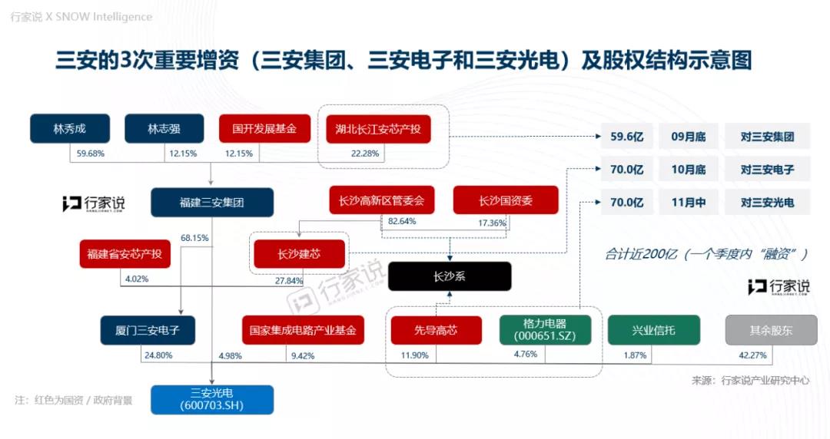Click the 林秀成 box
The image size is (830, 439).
pyautogui.click(x=70, y=128)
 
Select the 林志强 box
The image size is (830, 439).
pyautogui.click(x=164, y=128)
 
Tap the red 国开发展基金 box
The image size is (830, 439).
pyautogui.click(x=264, y=128)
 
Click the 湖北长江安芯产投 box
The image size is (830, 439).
pyautogui.click(x=378, y=129)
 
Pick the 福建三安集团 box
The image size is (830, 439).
pyautogui.click(x=212, y=202)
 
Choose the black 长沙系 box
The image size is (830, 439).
pyautogui.click(x=450, y=276)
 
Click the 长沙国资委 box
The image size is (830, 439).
pyautogui.click(x=506, y=200)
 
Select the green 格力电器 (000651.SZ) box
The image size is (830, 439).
pyautogui.click(x=545, y=330)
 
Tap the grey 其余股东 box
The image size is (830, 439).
pyautogui.click(x=771, y=330)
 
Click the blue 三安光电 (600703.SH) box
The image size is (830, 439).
pyautogui.click(x=212, y=399)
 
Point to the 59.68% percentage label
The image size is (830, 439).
pyautogui.click(x=91, y=153)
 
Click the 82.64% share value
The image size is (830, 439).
pyautogui.click(x=402, y=221)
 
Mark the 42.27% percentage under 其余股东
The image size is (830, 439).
pyautogui.click(x=752, y=355)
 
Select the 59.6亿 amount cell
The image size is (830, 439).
pyautogui.click(x=627, y=137)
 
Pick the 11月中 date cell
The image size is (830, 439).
pyautogui.click(x=688, y=202)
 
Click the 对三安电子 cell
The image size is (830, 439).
pyautogui.click(x=767, y=170)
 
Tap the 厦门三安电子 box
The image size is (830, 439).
pyautogui.click(x=148, y=331)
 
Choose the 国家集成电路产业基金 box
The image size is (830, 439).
pyautogui.click(x=303, y=331)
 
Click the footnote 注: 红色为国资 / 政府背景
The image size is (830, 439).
pyautogui.click(x=74, y=401)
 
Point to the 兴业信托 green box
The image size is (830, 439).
pyautogui.click(x=654, y=330)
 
